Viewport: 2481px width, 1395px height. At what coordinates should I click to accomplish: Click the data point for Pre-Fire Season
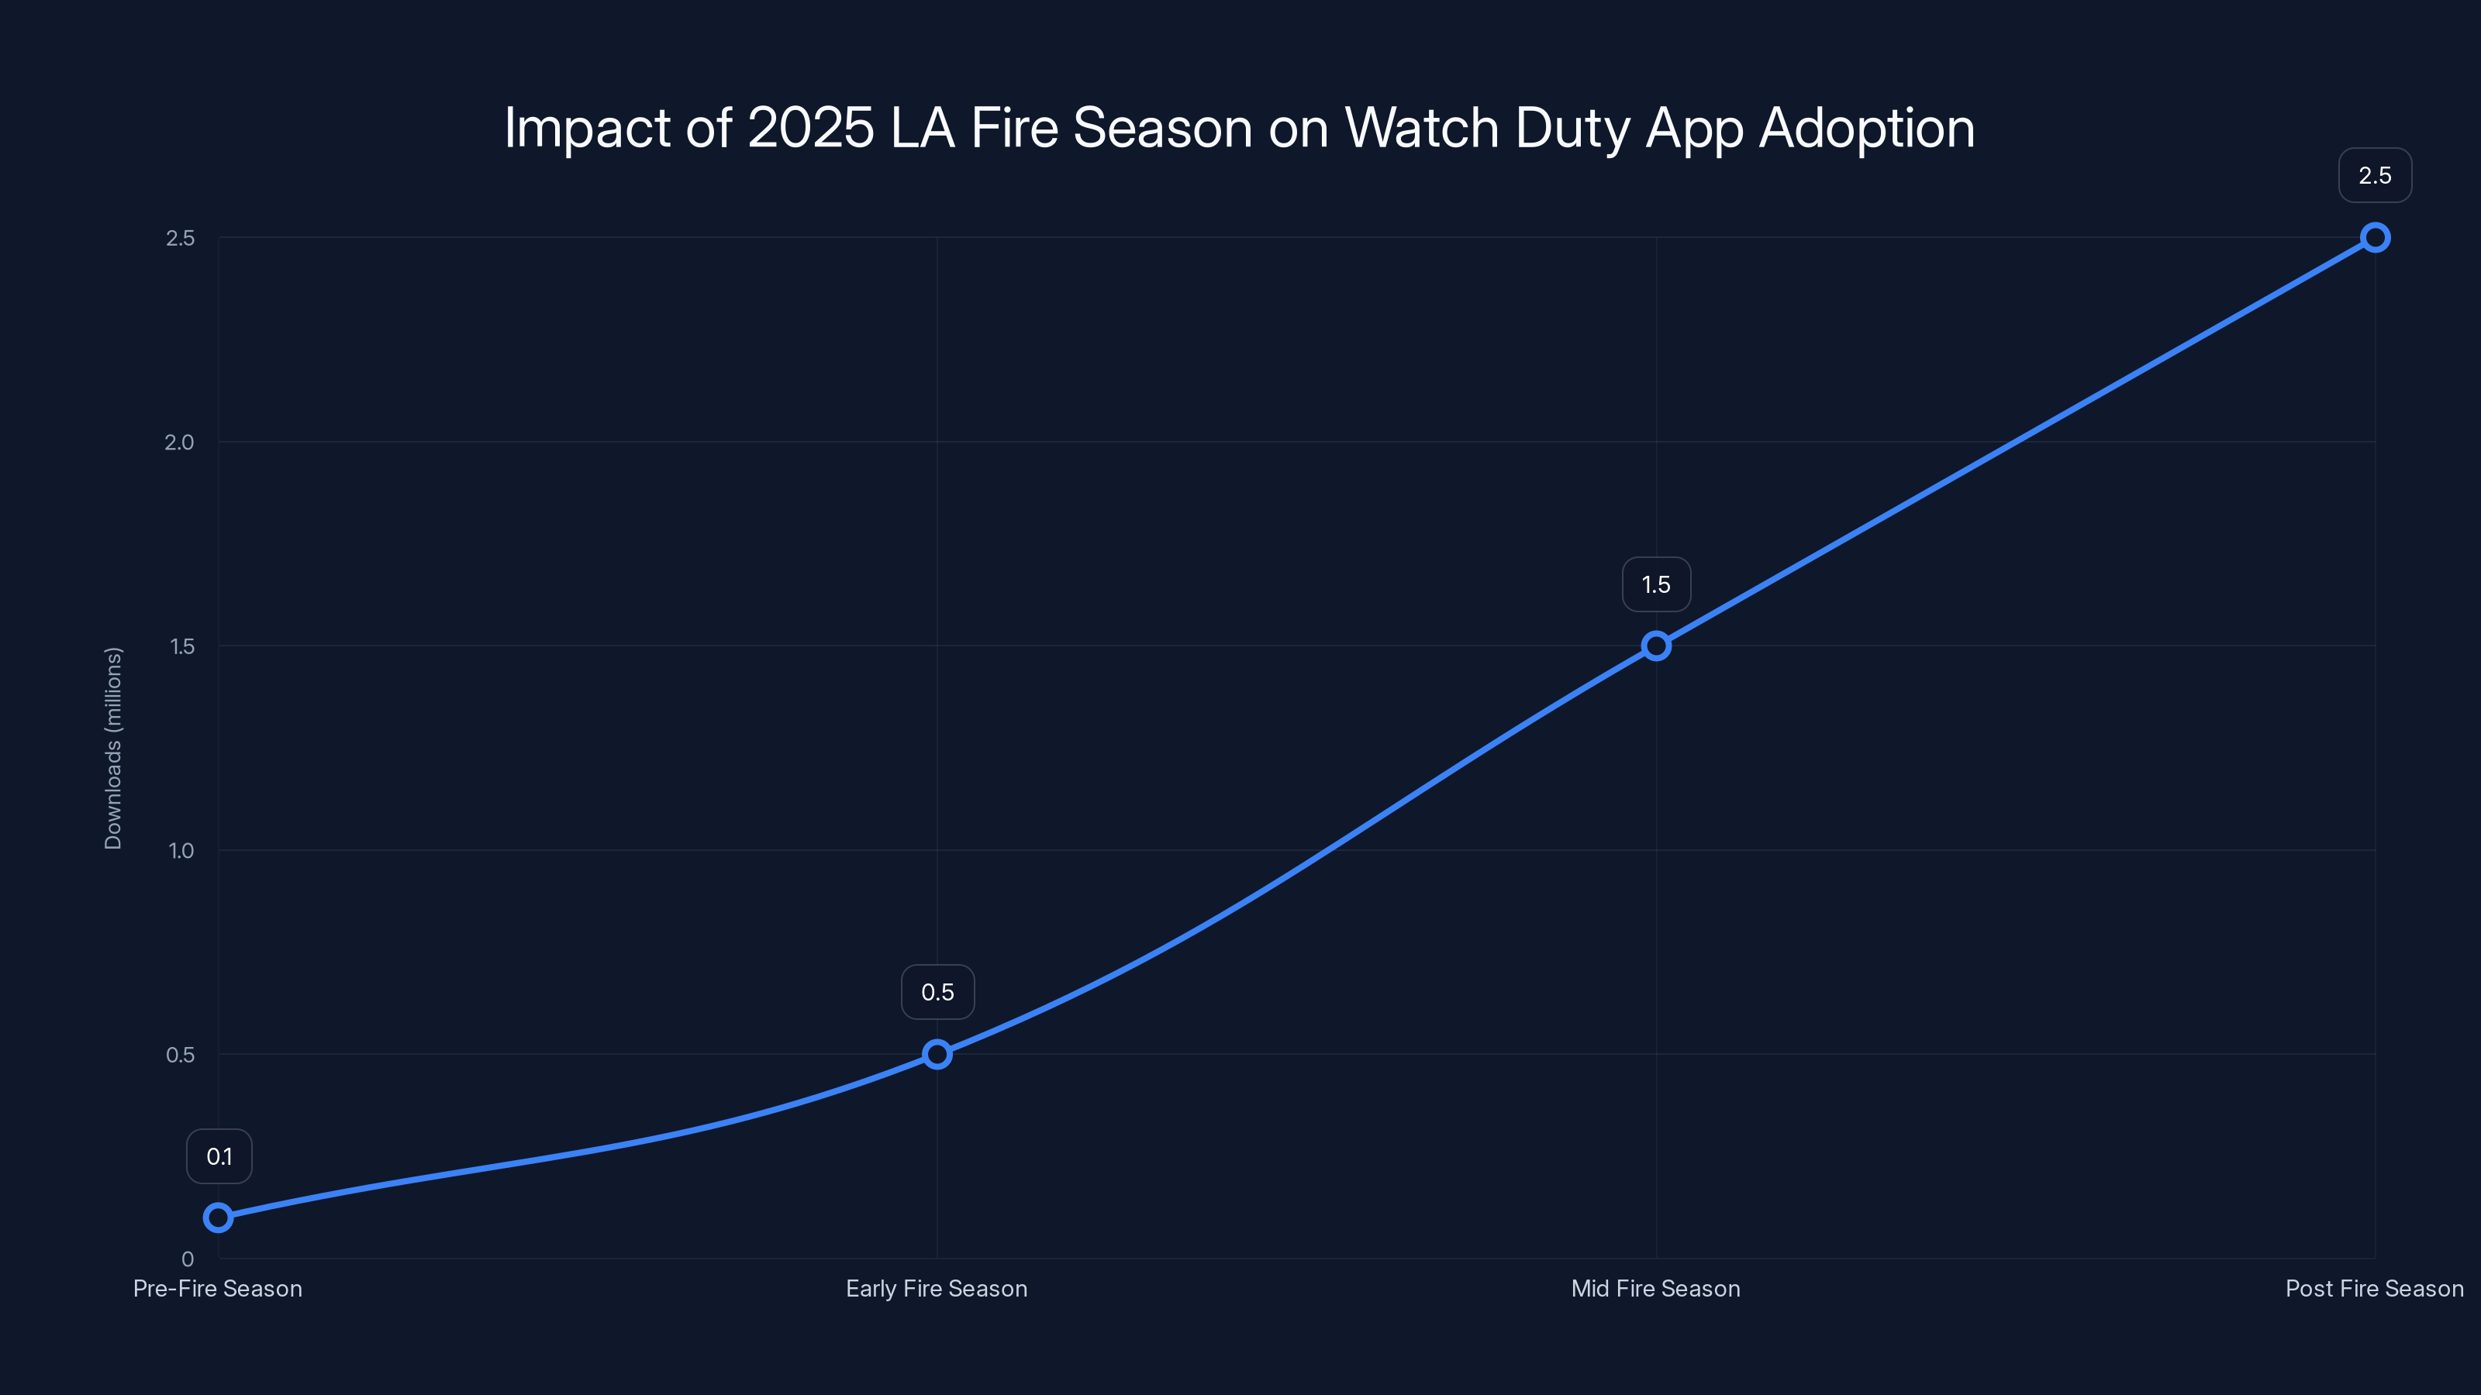pyautogui.click(x=219, y=1218)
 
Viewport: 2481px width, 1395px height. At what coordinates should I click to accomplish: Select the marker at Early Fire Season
pyautogui.click(x=937, y=1054)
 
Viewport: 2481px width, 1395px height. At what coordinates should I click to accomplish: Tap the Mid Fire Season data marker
pyautogui.click(x=1655, y=646)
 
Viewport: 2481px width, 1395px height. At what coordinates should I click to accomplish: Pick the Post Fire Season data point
pyautogui.click(x=2375, y=238)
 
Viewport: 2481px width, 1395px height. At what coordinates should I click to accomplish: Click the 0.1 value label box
pyautogui.click(x=219, y=1156)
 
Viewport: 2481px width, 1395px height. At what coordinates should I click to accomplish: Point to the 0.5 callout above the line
pyautogui.click(x=937, y=993)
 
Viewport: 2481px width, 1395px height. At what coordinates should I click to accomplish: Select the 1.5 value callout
pyautogui.click(x=1655, y=584)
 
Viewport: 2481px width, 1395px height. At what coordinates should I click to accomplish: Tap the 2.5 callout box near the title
pyautogui.click(x=2375, y=175)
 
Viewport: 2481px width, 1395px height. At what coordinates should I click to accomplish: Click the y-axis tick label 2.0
pyautogui.click(x=179, y=443)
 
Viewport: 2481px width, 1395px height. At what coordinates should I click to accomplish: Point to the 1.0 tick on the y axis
pyautogui.click(x=181, y=851)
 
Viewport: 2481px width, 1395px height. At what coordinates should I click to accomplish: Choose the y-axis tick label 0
pyautogui.click(x=188, y=1259)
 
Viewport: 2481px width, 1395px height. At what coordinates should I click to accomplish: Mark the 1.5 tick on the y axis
pyautogui.click(x=182, y=647)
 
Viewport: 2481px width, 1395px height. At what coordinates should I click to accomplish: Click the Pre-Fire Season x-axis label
pyautogui.click(x=218, y=1289)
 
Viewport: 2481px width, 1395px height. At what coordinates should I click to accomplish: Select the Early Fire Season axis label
pyautogui.click(x=936, y=1289)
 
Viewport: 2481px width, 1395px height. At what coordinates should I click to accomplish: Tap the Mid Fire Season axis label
pyautogui.click(x=1655, y=1289)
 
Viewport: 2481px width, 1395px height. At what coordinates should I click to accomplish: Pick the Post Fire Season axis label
pyautogui.click(x=2374, y=1289)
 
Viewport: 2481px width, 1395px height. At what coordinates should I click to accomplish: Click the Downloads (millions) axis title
pyautogui.click(x=114, y=748)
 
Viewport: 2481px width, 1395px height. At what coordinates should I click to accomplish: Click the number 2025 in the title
pyautogui.click(x=810, y=128)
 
